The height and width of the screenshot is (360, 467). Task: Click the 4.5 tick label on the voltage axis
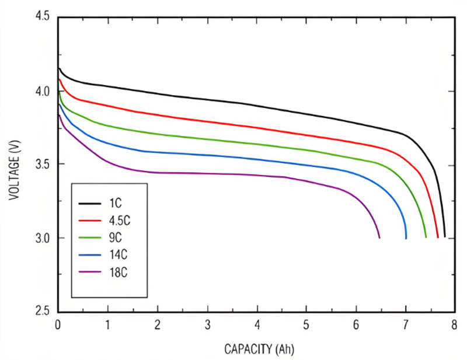click(43, 18)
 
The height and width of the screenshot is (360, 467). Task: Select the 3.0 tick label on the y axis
click(43, 238)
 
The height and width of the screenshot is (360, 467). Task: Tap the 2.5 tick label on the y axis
click(43, 312)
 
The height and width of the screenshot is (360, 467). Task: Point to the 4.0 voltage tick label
click(43, 92)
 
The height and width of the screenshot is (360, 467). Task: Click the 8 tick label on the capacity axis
click(454, 324)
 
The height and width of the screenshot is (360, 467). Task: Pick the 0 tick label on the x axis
click(57, 324)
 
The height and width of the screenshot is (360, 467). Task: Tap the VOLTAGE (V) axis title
click(13, 165)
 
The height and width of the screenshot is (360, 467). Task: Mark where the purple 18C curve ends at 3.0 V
click(379, 237)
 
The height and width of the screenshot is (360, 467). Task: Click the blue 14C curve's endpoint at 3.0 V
click(406, 237)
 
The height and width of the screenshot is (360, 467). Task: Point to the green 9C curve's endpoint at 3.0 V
click(426, 237)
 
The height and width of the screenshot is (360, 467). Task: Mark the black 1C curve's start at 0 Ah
click(58, 68)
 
